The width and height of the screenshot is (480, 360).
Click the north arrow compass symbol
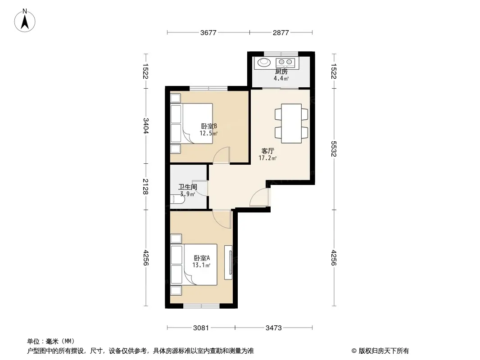25,21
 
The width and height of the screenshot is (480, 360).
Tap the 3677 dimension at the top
208,32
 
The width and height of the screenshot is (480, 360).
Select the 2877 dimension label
281,32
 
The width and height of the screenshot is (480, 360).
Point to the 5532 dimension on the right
333,149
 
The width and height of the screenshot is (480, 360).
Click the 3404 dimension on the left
145,126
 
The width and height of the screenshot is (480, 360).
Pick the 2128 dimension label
145,187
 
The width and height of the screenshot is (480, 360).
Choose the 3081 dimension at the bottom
201,328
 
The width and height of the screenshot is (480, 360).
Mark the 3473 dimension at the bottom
273,328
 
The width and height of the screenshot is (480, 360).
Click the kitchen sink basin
264,62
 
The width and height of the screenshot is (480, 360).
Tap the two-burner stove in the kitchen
285,63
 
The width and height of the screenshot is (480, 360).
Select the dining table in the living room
291,123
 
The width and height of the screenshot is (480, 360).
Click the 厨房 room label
281,72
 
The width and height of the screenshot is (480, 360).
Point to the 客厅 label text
267,151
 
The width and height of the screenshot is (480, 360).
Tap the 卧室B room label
209,126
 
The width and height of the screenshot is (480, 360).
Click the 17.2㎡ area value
267,158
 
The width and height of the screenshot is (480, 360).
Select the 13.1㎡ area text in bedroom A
201,265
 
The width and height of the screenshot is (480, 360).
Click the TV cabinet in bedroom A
228,262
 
